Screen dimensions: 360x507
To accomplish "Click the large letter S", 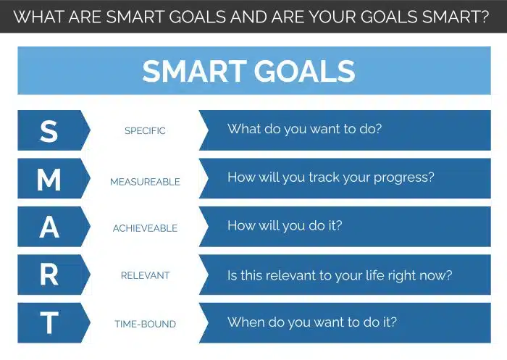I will tap(49, 130).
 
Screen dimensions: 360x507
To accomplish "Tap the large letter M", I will tap(49, 179).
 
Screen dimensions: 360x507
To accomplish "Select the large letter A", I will tap(49, 227).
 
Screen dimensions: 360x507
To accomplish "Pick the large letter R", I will tap(49, 275).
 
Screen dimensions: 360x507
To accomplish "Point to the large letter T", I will tap(49, 324).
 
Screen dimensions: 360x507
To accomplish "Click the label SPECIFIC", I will tap(145, 131).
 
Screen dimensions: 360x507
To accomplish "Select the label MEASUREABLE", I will tap(145, 182).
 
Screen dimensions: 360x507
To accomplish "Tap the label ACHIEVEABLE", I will tap(145, 229).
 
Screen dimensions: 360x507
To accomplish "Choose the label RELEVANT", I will tap(145, 276).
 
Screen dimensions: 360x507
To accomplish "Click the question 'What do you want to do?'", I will tap(304, 130).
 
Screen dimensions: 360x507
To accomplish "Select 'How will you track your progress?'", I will tap(331, 177).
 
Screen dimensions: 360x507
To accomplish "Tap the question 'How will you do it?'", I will tap(285, 225).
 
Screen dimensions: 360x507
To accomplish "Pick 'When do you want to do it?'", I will tap(312, 322).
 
